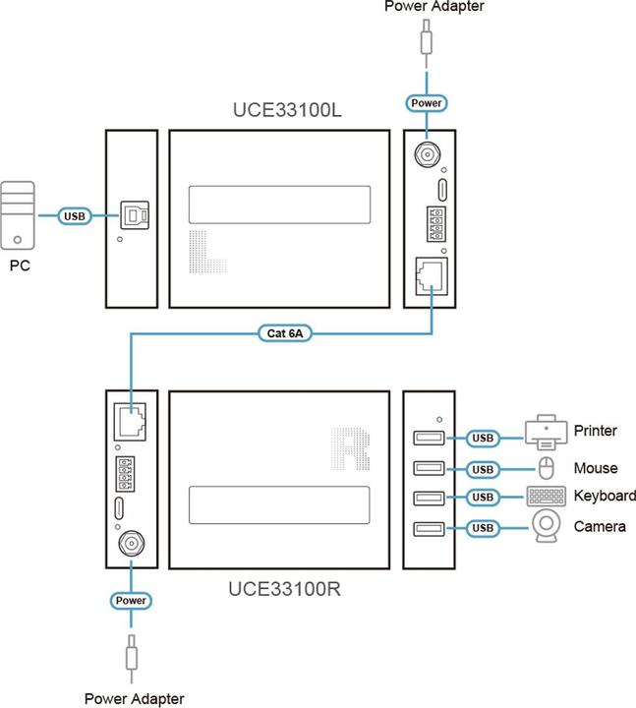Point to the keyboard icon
(x=546, y=497)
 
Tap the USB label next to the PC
(x=75, y=215)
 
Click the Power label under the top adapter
(x=427, y=103)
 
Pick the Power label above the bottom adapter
(x=131, y=600)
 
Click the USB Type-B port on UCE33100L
(x=132, y=214)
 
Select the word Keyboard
(x=605, y=497)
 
